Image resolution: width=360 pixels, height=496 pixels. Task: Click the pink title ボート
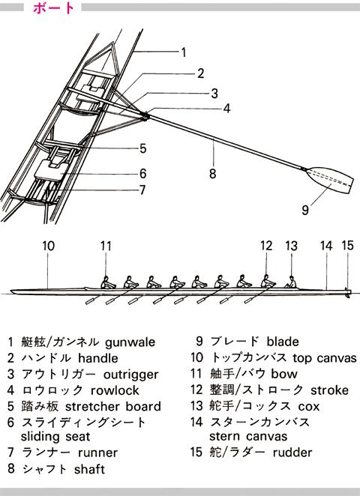(x=53, y=8)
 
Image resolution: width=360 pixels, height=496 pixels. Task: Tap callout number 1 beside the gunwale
(x=183, y=52)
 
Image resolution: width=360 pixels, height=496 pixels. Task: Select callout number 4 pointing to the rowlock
(x=226, y=109)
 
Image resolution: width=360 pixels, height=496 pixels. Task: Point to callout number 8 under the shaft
(x=212, y=173)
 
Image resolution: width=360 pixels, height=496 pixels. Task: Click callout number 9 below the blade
(x=305, y=210)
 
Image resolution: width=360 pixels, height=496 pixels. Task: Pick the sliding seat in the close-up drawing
(x=52, y=171)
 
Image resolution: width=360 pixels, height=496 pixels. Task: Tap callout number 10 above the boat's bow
(x=49, y=246)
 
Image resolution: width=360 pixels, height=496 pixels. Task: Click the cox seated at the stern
(x=291, y=282)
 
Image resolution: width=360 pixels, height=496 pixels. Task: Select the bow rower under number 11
(x=108, y=282)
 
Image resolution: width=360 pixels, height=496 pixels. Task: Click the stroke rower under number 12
(x=268, y=281)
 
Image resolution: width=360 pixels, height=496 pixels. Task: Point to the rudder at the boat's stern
(x=348, y=294)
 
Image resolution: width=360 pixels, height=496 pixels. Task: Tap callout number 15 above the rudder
(x=347, y=246)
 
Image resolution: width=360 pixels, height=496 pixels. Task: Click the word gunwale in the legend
(x=130, y=342)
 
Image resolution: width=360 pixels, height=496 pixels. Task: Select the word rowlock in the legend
(x=115, y=390)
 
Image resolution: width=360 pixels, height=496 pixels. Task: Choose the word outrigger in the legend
(x=130, y=375)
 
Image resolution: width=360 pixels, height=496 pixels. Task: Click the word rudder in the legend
(x=292, y=453)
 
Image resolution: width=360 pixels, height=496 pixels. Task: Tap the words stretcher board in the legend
(x=113, y=407)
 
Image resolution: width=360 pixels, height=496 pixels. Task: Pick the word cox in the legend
(x=309, y=407)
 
